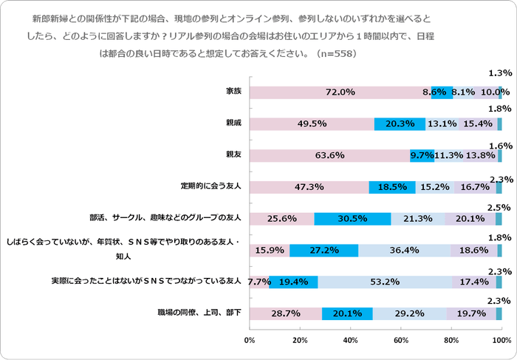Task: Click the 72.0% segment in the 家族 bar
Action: coord(340,92)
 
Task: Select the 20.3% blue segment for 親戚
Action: coord(400,124)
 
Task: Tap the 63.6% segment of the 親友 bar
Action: coord(329,156)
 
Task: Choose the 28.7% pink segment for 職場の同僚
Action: coord(286,314)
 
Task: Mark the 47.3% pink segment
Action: coord(309,187)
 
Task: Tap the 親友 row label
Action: coord(233,154)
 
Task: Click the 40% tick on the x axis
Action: coord(351,342)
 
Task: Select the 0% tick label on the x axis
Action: coord(250,342)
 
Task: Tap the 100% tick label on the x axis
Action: coord(502,342)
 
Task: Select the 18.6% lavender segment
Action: coord(473,251)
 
